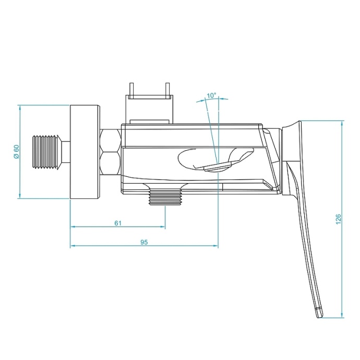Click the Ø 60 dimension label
pos(16,152)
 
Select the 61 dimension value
pos(118,223)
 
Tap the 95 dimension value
pos(145,242)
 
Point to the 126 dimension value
pos(339,220)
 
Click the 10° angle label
pos(211,95)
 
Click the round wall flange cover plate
pos(85,152)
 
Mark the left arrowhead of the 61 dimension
pos(73,227)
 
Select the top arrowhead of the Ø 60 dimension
pos(20,108)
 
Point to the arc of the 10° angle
pos(212,101)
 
